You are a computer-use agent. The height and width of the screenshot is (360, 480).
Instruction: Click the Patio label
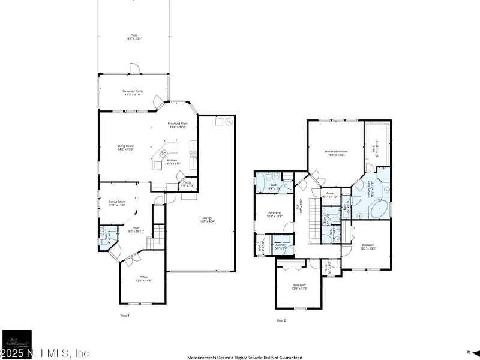(134, 37)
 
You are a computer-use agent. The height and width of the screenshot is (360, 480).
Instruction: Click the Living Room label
(125, 147)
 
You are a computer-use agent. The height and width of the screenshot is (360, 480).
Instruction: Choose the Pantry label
(187, 183)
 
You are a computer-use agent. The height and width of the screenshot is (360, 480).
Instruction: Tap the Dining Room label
(116, 203)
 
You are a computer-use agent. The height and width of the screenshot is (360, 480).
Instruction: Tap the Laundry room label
(281, 246)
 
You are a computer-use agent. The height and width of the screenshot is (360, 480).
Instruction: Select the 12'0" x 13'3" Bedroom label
(299, 286)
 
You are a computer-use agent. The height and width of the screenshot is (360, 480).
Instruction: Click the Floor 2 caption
(281, 320)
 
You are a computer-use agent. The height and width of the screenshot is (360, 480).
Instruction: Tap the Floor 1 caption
(125, 314)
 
